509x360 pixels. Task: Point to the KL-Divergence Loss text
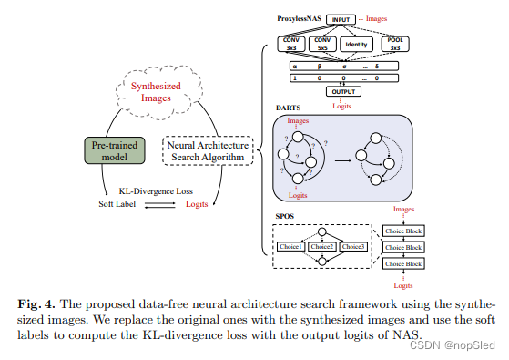(x=158, y=191)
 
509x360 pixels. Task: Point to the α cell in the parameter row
(x=295, y=67)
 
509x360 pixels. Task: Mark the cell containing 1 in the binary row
(x=295, y=78)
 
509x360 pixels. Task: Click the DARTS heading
(x=288, y=107)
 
